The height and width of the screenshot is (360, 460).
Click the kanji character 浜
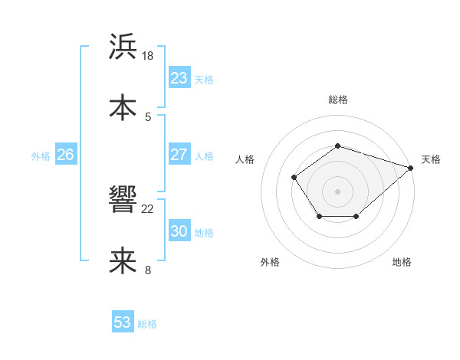[x=123, y=47]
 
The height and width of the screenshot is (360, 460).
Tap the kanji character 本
[x=123, y=108]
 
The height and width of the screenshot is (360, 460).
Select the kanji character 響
[x=123, y=200]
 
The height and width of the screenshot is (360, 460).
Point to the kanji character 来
[x=123, y=260]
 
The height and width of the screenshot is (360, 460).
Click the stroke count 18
[x=149, y=56]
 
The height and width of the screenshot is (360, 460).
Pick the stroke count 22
[x=149, y=208]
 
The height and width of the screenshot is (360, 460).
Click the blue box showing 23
[x=179, y=78]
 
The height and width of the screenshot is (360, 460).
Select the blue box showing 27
[x=179, y=155]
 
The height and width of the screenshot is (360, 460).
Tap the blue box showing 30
[x=179, y=231]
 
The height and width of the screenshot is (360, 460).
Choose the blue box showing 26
[x=65, y=155]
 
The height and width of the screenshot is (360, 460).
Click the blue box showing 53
[x=123, y=322]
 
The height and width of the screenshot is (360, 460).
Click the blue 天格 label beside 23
[x=204, y=79]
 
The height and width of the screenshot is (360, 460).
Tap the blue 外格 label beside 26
[x=41, y=155]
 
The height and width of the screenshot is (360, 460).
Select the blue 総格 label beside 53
[x=147, y=324]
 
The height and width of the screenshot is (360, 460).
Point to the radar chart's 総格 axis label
[x=338, y=100]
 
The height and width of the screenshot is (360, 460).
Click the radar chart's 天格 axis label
[x=432, y=159]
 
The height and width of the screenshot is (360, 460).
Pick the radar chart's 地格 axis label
[x=402, y=263]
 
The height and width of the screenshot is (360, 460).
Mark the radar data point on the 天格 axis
[x=412, y=167]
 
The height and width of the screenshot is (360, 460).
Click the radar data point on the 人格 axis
[x=294, y=177]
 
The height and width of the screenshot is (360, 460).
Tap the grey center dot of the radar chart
[x=338, y=191]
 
